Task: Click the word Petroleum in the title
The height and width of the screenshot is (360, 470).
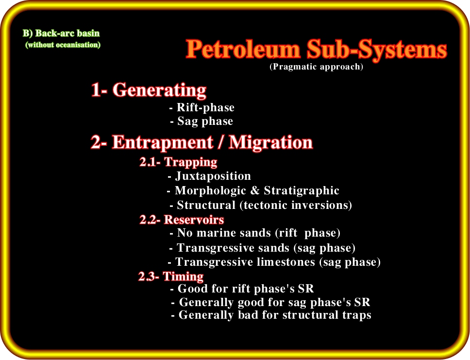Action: (243, 49)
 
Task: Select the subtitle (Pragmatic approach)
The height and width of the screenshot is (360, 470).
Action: (316, 66)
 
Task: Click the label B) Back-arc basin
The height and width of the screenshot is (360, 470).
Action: (61, 33)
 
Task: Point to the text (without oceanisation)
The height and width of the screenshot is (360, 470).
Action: (63, 45)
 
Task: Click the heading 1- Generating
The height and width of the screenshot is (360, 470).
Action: (149, 90)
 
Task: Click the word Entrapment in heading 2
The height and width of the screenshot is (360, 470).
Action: (163, 142)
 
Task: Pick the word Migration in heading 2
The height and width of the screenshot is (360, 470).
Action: (271, 142)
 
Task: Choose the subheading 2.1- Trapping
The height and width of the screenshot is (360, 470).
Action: (178, 162)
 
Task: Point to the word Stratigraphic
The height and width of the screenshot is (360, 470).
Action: (302, 190)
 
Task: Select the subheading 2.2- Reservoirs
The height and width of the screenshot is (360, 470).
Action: (182, 220)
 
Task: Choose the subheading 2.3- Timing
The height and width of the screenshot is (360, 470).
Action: (171, 276)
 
